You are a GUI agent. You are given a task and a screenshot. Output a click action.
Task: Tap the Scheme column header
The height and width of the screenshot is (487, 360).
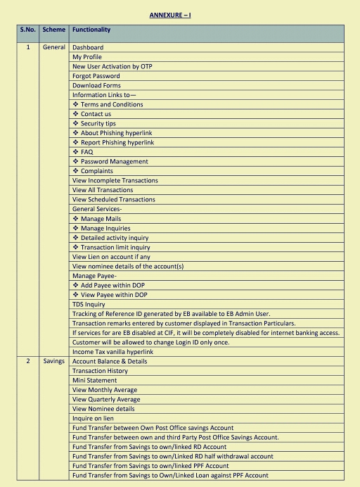pos(53,30)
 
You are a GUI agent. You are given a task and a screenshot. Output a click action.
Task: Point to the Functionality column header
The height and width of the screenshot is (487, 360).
pos(91,30)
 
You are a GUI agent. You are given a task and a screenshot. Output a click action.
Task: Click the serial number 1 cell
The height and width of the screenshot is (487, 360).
pos(28,47)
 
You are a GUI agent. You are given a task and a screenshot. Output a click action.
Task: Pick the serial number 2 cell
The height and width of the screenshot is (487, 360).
pos(28,361)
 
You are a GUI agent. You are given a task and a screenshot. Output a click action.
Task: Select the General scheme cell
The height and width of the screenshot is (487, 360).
pos(53,47)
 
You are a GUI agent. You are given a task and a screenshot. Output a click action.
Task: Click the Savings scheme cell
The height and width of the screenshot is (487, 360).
pos(53,361)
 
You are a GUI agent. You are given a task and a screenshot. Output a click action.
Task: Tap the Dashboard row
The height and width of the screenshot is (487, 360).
pos(88,47)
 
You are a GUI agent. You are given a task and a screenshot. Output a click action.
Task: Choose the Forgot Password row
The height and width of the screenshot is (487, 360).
pos(96,76)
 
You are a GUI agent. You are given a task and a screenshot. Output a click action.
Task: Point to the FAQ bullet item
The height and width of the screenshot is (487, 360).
pos(86,152)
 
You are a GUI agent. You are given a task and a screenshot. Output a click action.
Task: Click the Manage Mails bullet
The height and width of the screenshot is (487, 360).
pos(101,219)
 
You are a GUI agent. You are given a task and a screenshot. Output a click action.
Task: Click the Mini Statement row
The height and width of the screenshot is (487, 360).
pos(94,380)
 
